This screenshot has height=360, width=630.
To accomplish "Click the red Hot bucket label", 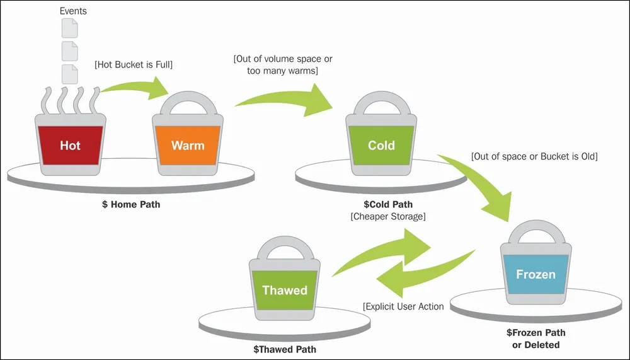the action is pos(71,145).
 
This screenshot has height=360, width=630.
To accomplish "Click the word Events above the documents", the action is pos(73,11).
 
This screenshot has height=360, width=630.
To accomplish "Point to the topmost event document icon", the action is pos(69,28).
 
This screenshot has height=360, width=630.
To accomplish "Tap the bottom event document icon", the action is pos(69,74).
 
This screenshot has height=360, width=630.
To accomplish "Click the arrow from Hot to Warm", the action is pos(137,86).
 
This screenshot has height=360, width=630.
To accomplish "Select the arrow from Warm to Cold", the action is pos(285,98).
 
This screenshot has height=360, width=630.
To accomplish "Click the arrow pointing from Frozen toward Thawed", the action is pos(422,273).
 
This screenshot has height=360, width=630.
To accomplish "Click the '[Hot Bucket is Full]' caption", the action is pos(134,64).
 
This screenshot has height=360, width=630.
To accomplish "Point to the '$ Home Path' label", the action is pos(131,204).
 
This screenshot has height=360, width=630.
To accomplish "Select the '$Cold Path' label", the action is pos(388,204).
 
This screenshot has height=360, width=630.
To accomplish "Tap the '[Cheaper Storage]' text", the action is pos(388,216).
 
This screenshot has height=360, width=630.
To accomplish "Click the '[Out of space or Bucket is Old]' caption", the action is pos(534,156).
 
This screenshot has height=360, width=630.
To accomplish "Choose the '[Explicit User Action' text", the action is pos(403,306).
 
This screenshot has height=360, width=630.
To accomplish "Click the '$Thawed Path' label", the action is pos(285,349).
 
